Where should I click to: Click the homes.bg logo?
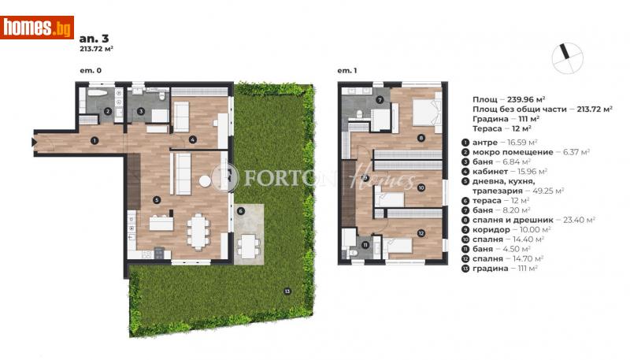pos(38,27)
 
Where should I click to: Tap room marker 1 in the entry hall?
pos(94,142)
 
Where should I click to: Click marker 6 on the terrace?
pos(242,211)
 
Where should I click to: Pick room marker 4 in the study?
pos(192,140)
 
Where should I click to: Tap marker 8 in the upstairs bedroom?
pos(421,138)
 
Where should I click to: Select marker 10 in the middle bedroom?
pos(421,187)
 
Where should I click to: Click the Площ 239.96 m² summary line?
pos(514,100)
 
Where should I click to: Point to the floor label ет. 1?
pos(347,71)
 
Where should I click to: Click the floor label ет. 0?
pos(91,71)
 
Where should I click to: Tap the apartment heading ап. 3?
pos(88,36)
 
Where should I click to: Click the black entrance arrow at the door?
pos(35,142)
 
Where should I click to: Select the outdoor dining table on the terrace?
pos(250,243)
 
